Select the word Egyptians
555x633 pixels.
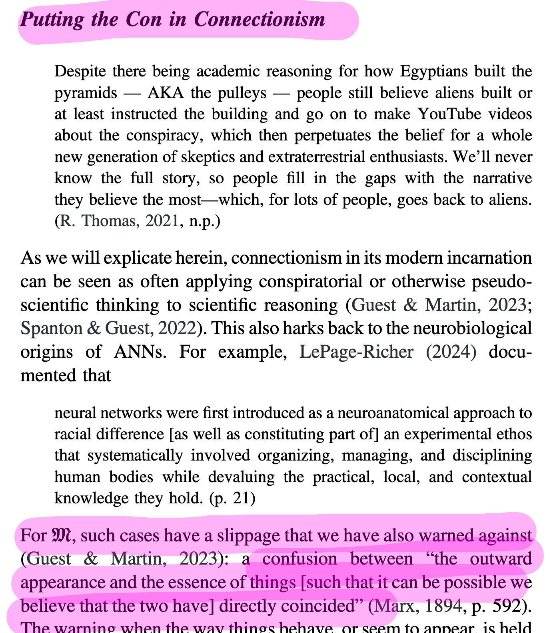click(x=433, y=72)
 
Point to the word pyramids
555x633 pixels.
click(x=86, y=93)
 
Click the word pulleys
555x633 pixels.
click(x=242, y=93)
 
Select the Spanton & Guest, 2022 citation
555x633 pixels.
click(x=108, y=329)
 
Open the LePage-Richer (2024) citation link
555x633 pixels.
click(x=388, y=352)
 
